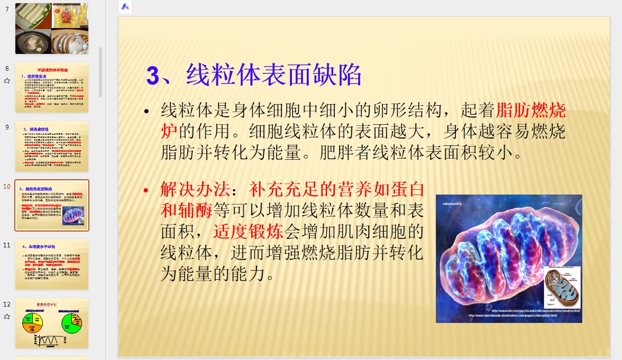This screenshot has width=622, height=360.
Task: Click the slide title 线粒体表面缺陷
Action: point(274,75)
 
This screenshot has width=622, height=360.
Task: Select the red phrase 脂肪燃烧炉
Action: point(531,110)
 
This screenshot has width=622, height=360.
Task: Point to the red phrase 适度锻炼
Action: point(249,232)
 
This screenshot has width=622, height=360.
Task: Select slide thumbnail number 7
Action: point(51,29)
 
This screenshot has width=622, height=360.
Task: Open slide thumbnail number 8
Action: point(51,87)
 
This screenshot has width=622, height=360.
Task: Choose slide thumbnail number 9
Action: point(51,146)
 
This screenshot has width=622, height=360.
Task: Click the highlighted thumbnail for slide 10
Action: point(51,205)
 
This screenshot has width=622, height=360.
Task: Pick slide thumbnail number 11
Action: point(51,264)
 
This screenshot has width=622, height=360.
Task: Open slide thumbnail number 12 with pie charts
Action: point(51,323)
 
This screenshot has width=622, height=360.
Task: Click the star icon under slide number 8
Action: point(7,81)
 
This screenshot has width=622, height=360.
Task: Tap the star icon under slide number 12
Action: point(7,317)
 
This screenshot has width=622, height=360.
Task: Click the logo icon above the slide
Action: point(125,7)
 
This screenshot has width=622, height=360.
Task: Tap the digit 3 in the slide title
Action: point(152,76)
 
